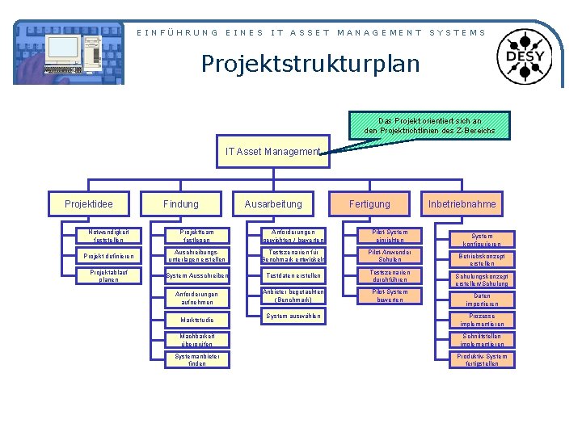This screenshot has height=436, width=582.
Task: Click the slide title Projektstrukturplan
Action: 310,62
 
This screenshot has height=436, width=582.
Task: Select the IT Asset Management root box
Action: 273,152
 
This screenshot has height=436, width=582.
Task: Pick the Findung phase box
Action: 180,204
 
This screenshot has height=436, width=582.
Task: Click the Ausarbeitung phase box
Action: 273,204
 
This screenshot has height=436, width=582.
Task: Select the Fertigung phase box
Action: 369,204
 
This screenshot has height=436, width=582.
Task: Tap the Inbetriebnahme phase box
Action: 462,204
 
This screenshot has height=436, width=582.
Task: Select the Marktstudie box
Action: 197,320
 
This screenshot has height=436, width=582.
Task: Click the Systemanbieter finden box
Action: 197,360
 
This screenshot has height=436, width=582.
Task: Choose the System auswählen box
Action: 293,316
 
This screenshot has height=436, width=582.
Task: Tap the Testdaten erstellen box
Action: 293,276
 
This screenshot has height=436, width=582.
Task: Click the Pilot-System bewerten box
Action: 390,296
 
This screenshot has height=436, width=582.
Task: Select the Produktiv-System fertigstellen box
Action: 482,360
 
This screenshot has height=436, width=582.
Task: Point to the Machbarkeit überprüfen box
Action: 197,340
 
